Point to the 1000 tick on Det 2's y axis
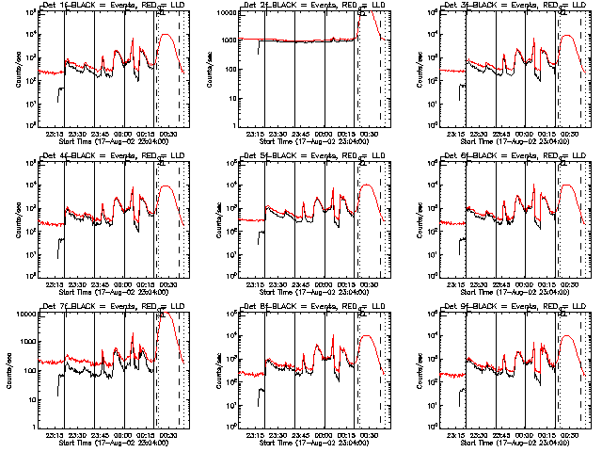[225, 40]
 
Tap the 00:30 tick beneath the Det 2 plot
[371, 134]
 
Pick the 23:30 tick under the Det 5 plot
[277, 284]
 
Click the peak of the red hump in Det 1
[166, 35]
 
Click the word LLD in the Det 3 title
[567, 6]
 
